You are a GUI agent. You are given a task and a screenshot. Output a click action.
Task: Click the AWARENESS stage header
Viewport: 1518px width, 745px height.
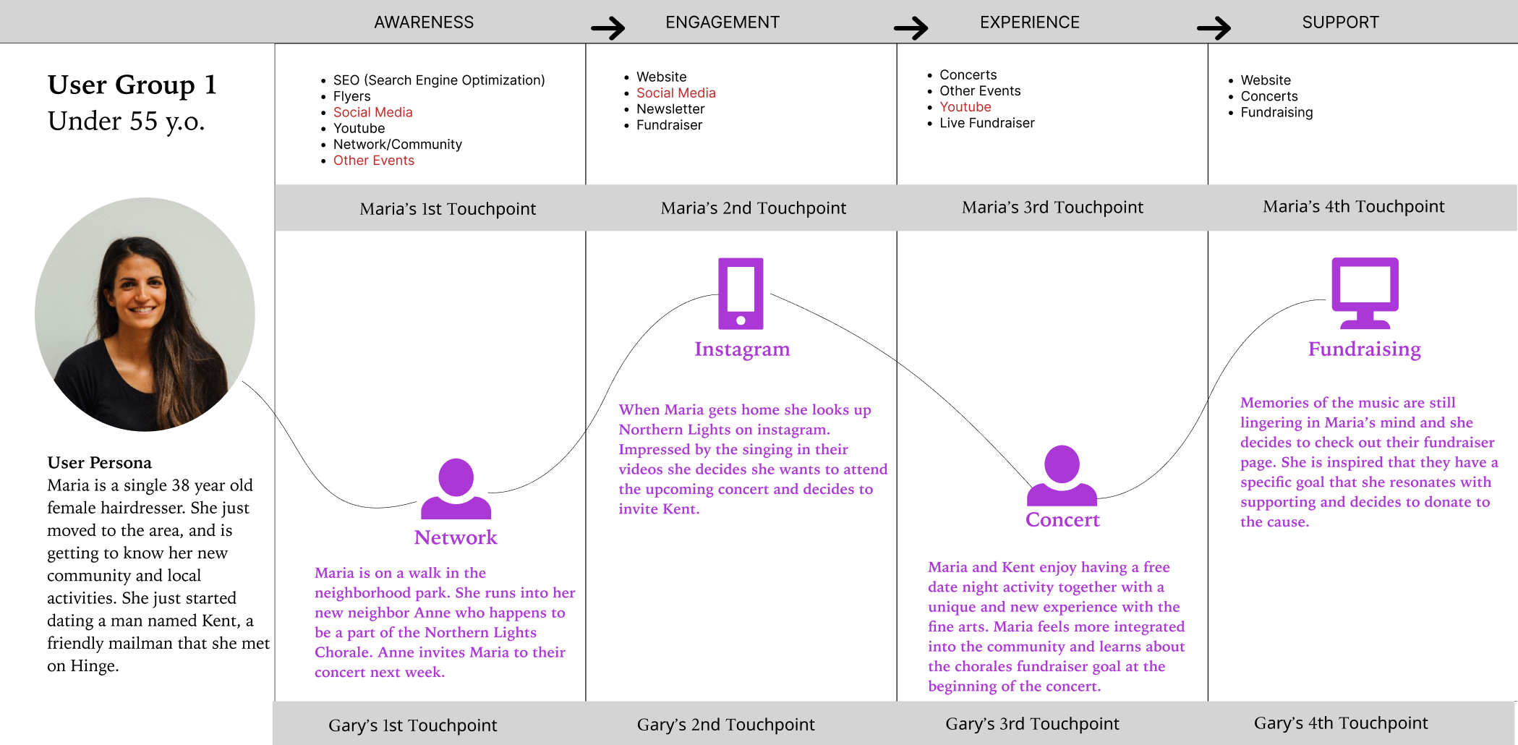coord(424,22)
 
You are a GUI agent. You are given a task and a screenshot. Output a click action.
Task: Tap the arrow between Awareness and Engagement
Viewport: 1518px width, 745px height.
coord(607,28)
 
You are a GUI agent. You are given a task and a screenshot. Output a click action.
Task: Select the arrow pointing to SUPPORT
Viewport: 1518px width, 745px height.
coord(1214,28)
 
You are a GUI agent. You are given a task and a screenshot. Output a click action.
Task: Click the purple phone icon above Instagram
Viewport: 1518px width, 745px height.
coord(741,294)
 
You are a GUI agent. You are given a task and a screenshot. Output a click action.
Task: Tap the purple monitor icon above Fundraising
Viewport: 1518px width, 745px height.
coord(1365,293)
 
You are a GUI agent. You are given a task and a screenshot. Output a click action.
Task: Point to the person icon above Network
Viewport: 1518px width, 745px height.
coord(456,489)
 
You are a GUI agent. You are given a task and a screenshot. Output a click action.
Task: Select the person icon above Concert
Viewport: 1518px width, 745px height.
coord(1062,475)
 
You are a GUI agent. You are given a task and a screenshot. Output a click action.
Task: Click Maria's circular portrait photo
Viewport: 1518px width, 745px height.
coord(145,315)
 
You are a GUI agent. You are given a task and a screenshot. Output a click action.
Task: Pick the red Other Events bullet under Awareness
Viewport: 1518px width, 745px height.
coord(373,161)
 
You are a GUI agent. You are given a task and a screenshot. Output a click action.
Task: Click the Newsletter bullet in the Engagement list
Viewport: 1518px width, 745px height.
coord(670,109)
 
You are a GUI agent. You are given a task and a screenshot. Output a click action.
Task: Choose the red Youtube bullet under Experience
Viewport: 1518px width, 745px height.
coord(965,107)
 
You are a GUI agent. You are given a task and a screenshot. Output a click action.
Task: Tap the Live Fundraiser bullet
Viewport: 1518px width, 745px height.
coord(986,123)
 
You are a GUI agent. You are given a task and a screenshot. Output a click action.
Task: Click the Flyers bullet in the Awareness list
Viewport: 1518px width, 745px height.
coord(351,96)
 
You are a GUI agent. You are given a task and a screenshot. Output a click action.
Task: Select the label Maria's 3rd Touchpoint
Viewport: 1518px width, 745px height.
coord(1052,208)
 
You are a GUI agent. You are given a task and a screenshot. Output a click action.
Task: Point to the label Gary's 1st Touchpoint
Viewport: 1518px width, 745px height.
coord(412,725)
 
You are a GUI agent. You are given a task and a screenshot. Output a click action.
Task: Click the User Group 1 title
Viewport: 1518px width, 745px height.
coord(132,85)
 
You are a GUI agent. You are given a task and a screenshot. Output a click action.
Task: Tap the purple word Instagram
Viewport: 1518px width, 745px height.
coord(742,349)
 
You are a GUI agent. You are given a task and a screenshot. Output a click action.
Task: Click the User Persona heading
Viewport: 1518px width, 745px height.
coord(100,463)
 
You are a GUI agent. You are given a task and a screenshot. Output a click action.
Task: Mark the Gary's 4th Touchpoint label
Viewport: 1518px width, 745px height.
coord(1340,723)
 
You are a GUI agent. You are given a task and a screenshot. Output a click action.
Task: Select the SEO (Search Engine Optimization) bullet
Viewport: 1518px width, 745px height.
coord(438,80)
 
